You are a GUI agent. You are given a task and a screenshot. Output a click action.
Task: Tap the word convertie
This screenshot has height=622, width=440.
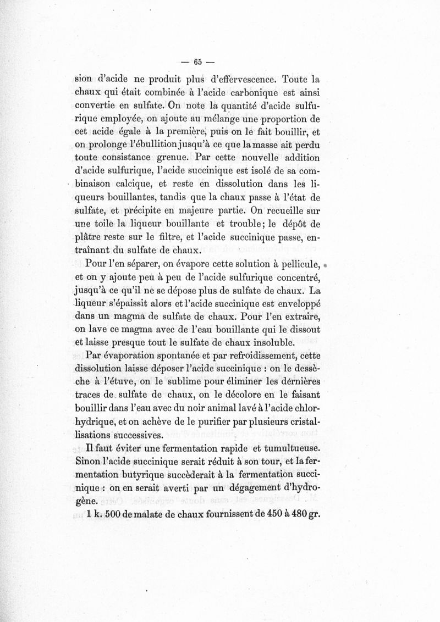click(94, 107)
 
